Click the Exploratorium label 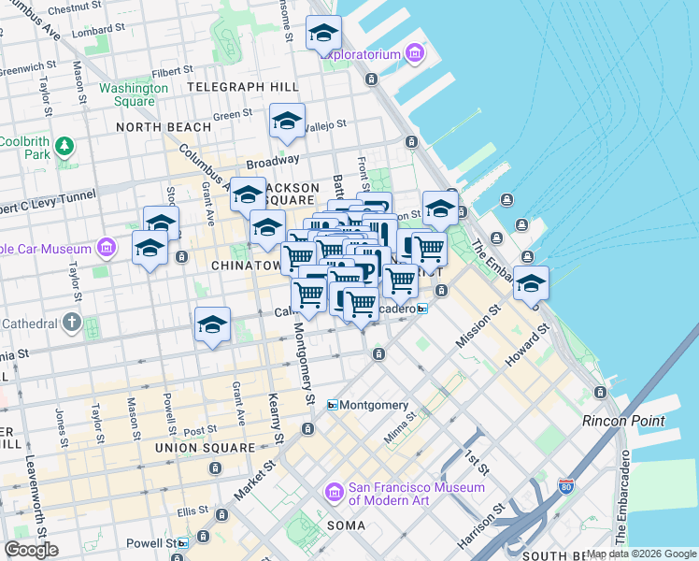(364, 54)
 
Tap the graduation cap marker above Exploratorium (323, 35)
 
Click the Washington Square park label (134, 95)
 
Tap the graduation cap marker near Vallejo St (287, 121)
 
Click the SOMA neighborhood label (346, 525)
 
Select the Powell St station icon (182, 543)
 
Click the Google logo (31, 550)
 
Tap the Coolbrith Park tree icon (64, 146)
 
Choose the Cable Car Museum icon (107, 249)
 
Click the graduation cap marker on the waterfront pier (531, 283)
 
